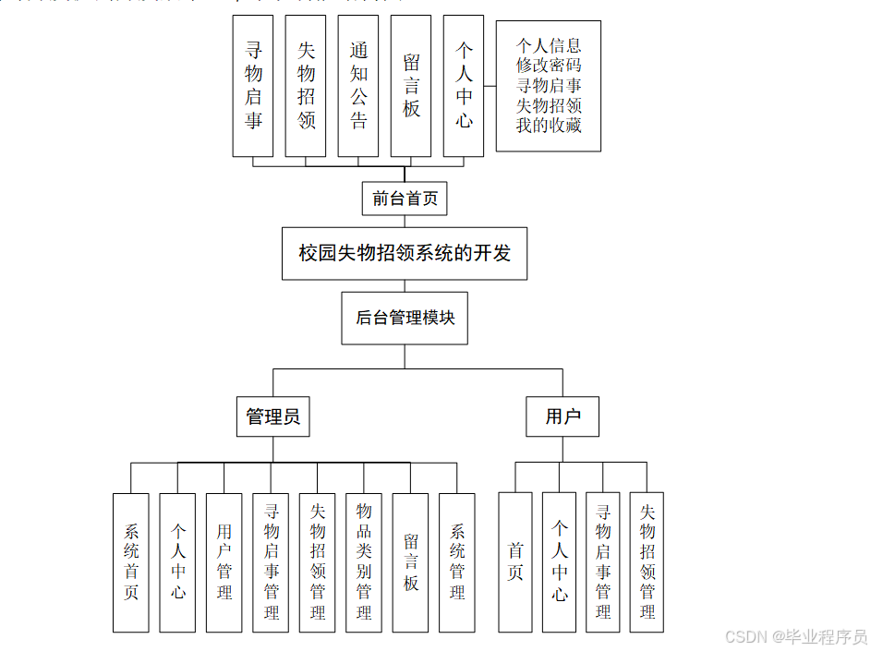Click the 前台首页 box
(404, 199)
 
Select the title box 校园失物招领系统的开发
(404, 253)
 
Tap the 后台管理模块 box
(405, 318)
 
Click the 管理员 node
(272, 416)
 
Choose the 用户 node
(563, 416)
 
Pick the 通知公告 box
(358, 85)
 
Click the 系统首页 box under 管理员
(131, 561)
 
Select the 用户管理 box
(224, 561)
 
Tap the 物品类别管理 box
(364, 561)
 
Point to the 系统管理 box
(457, 561)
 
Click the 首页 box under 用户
(515, 561)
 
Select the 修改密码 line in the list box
(549, 66)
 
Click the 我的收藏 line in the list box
(549, 126)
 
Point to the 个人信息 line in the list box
(549, 45)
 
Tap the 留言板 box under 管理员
(410, 561)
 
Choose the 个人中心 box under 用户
(560, 561)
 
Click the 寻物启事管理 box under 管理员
(271, 561)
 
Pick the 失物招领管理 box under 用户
(647, 561)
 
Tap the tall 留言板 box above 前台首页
(411, 85)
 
